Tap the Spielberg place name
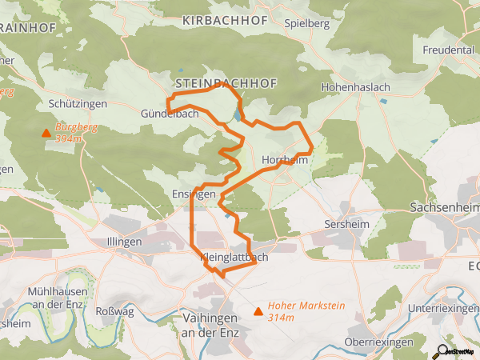(x=307, y=24)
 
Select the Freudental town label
(x=447, y=50)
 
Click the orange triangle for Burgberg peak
(x=46, y=134)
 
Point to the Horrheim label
(x=285, y=160)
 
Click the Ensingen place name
(x=194, y=194)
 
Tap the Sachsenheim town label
(x=443, y=206)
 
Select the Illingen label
(x=124, y=241)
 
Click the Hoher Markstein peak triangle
(x=258, y=311)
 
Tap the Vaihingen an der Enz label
(x=204, y=323)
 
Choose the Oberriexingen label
(x=378, y=342)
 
